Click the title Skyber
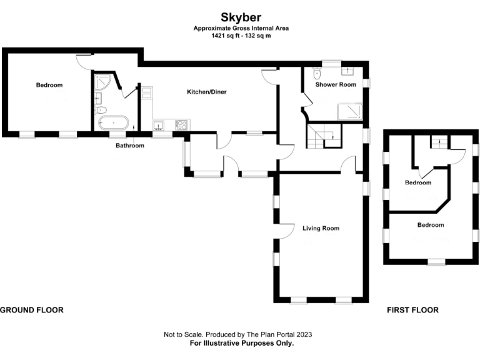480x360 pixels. (x=240, y=17)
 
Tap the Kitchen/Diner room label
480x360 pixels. (x=207, y=92)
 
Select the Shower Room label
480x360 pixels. (x=336, y=84)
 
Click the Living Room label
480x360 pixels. (x=321, y=229)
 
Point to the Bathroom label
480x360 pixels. (x=130, y=146)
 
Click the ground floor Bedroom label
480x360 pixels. (x=49, y=85)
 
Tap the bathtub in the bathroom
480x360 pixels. (x=113, y=122)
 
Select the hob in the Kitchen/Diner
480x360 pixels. (x=182, y=125)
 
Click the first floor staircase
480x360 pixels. (x=439, y=143)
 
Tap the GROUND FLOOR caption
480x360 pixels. (x=32, y=310)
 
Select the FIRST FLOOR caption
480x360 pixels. (x=412, y=310)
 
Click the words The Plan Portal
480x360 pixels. (x=271, y=335)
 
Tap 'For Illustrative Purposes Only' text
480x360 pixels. (x=241, y=343)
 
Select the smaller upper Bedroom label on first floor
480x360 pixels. (x=418, y=183)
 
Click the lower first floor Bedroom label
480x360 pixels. (x=431, y=225)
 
